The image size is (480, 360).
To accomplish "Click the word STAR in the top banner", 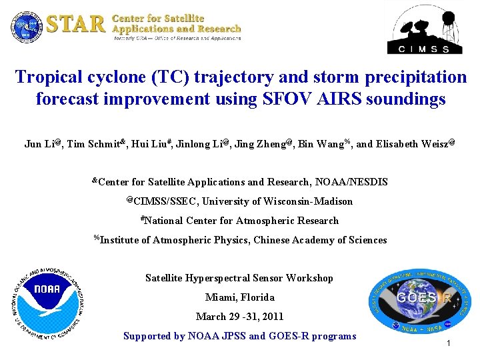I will pos(76,24).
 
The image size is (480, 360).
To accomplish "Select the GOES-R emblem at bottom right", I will pos(419,299).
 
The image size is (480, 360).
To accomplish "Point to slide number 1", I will pos(449,343).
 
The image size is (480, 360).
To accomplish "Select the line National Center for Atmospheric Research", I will pos(240,221).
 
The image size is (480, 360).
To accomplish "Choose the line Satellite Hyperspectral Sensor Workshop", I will pos(239,278).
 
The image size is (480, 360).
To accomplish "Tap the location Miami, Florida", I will pos(239,297).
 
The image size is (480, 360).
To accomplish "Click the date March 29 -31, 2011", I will pos(239,317).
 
